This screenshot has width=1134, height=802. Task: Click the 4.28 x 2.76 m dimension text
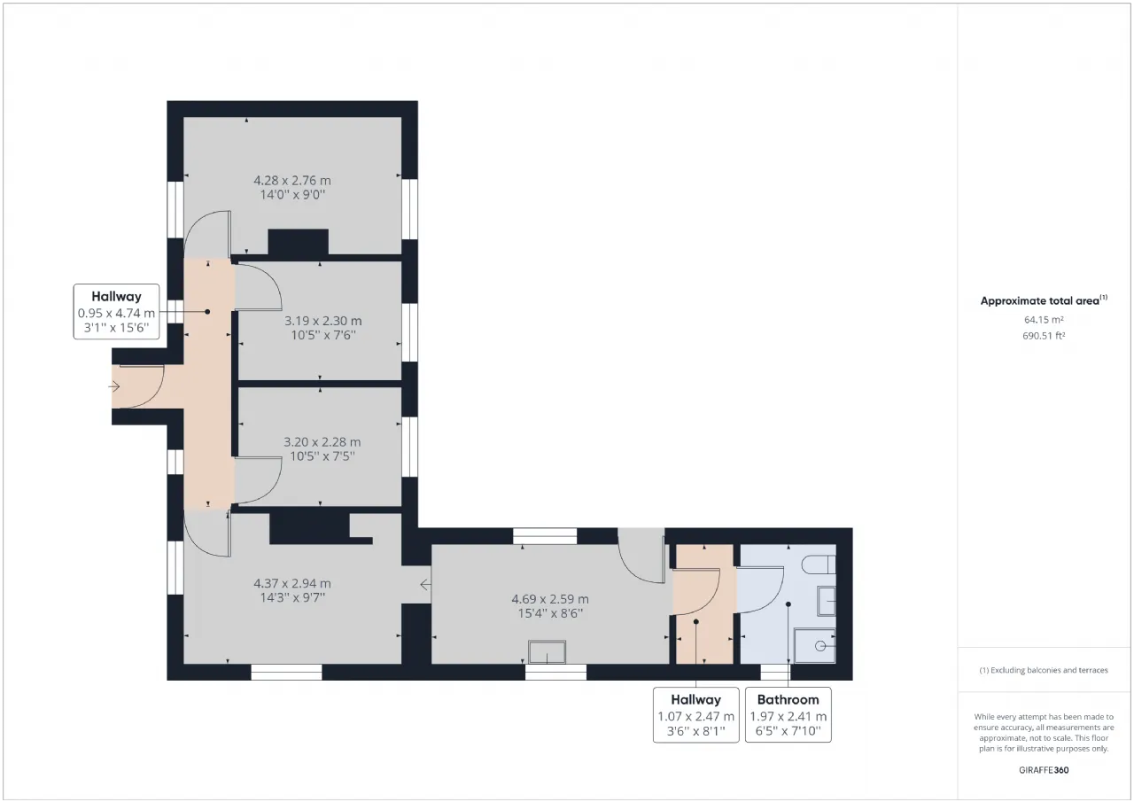tap(292, 180)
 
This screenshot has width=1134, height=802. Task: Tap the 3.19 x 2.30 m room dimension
tap(323, 321)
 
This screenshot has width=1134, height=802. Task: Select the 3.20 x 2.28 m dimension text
tap(322, 441)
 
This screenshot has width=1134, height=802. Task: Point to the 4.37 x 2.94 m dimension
tap(292, 583)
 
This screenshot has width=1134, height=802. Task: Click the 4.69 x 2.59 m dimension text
tap(550, 599)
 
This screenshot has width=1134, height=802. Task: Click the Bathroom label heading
tap(788, 700)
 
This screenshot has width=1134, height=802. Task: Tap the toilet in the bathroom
tap(819, 564)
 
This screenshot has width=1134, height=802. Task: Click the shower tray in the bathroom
tap(814, 645)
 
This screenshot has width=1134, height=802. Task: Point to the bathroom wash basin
tap(827, 601)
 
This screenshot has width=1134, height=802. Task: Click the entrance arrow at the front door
tap(114, 387)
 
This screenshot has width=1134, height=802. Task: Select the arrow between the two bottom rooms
tap(426, 585)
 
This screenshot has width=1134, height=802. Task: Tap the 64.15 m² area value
tap(1044, 320)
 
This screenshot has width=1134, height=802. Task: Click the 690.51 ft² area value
tap(1044, 336)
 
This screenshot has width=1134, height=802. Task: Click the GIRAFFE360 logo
tap(1044, 770)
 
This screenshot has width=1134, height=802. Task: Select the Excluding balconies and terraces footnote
tap(1044, 670)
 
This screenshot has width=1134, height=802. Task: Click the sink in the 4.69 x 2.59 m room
tap(547, 651)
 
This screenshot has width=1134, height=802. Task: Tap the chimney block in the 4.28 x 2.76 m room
tap(299, 242)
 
